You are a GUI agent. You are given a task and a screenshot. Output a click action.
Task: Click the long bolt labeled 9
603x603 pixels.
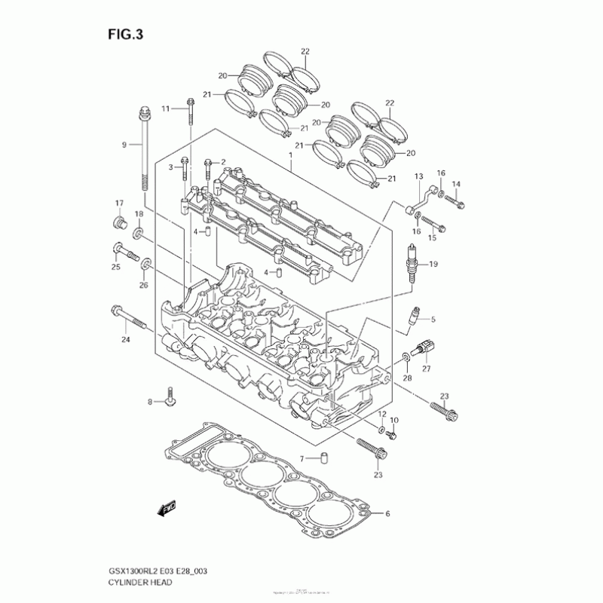tap(142, 151)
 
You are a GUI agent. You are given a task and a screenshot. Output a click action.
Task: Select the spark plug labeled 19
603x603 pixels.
tap(412, 264)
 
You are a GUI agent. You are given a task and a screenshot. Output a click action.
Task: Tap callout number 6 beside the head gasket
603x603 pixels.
tap(388, 515)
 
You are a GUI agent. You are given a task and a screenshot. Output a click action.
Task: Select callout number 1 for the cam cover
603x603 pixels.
tap(289, 155)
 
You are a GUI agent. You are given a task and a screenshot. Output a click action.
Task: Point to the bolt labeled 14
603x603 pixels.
tap(454, 201)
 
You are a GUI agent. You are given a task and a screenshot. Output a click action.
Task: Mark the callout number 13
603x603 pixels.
tap(416, 176)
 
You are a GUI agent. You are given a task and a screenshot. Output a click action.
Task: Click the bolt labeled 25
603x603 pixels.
tap(124, 252)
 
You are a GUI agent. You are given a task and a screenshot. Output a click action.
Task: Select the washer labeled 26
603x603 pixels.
tap(146, 265)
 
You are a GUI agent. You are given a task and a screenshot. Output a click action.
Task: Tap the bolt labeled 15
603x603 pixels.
tap(432, 223)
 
